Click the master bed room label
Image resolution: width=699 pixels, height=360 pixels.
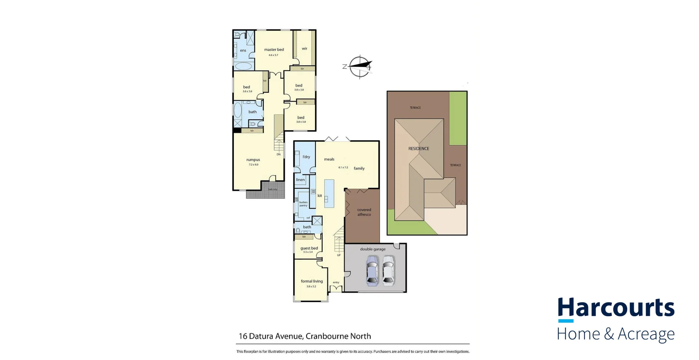[274, 50]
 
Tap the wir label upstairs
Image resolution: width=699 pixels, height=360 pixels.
[304, 48]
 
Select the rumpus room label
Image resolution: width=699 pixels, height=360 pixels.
[253, 160]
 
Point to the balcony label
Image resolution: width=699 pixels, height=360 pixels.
[272, 189]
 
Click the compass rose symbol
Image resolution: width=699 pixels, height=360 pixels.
[360, 67]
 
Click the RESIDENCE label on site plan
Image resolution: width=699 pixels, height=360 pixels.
[418, 149]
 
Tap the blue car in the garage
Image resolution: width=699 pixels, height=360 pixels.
[372, 270]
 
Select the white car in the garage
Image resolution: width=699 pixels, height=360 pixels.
[388, 270]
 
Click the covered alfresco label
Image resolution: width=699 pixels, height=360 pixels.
[364, 212]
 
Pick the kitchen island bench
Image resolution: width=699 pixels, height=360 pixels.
[329, 194]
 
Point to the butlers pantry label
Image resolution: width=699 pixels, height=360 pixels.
[303, 204]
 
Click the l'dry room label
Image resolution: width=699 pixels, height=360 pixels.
[306, 157]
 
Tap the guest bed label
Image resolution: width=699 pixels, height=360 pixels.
[309, 248]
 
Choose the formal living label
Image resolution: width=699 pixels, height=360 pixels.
[312, 281]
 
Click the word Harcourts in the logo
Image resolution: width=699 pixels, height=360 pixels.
[616, 308]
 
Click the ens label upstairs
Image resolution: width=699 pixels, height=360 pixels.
[243, 51]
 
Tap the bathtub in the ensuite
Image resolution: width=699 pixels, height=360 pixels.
[243, 66]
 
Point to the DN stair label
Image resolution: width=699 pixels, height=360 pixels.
[279, 154]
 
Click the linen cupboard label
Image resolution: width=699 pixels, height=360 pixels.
[300, 180]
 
